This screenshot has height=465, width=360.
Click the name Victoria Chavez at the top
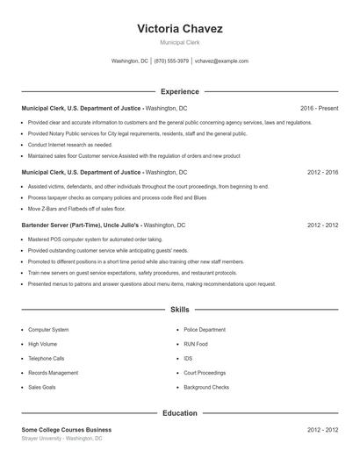(x=179, y=29)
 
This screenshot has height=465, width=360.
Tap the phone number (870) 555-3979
(x=171, y=61)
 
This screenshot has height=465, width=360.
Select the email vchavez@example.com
(x=221, y=61)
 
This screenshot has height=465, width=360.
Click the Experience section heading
(x=179, y=91)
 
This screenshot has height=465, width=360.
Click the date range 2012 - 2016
(x=322, y=173)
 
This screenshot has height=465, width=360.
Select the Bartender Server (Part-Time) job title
(x=59, y=225)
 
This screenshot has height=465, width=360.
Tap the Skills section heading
(x=179, y=310)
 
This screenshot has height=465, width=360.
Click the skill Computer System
(x=48, y=330)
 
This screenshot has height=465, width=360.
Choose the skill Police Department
(x=205, y=330)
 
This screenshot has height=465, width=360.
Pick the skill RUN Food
(x=196, y=344)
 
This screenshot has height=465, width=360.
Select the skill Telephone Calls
(x=47, y=359)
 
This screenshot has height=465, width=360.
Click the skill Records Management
(x=53, y=373)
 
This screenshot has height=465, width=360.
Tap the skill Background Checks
(x=206, y=387)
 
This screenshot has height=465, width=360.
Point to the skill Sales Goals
(x=42, y=387)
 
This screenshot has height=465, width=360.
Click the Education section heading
(x=179, y=412)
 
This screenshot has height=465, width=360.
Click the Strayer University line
(x=61, y=438)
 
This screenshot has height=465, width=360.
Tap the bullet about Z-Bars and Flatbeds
(x=76, y=209)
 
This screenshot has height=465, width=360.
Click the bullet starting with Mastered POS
(x=95, y=239)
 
